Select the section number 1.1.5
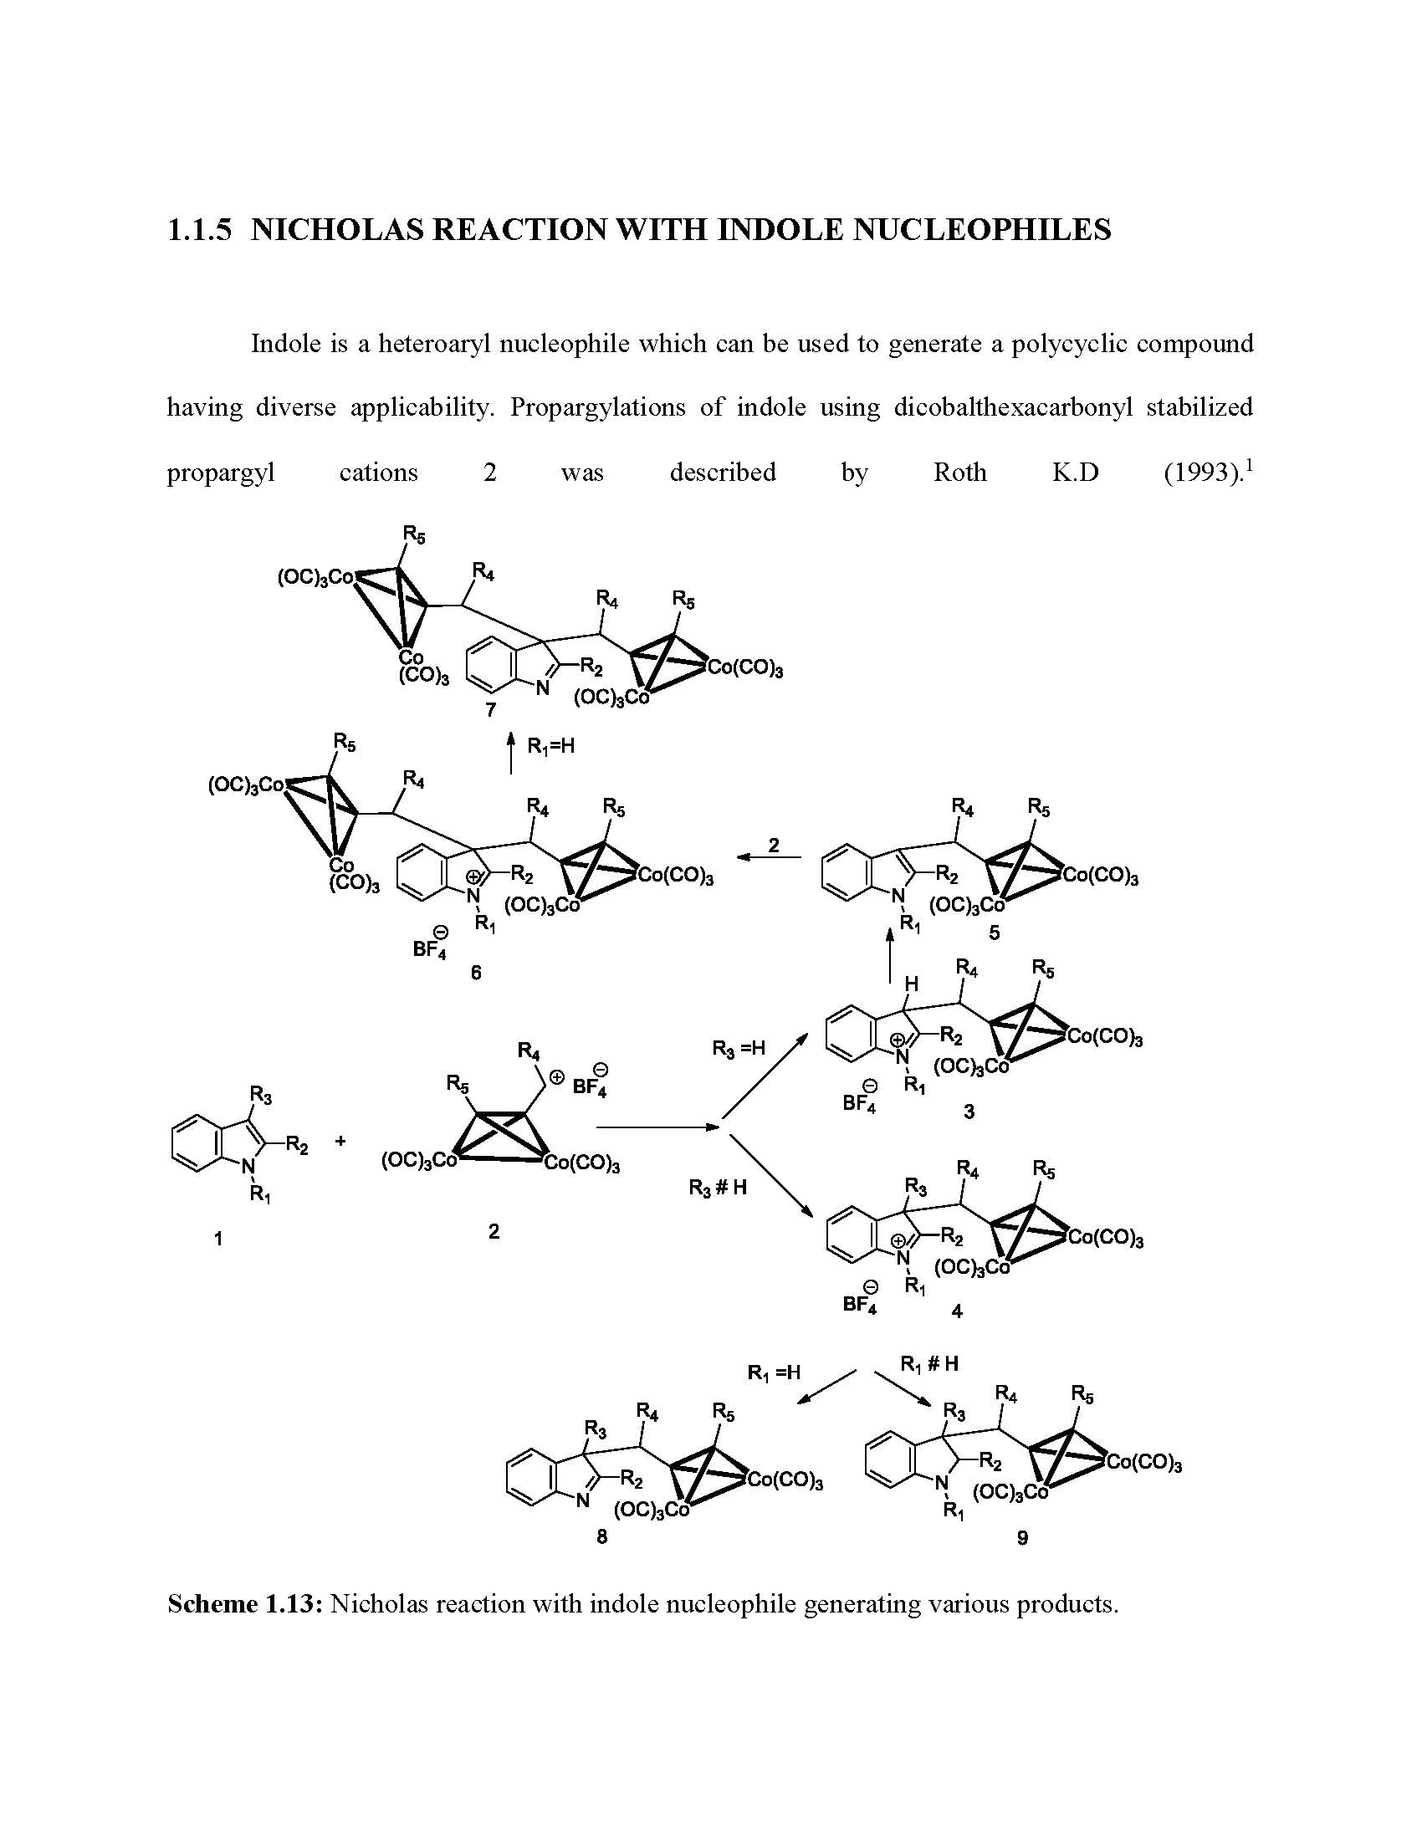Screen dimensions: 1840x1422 coord(199,229)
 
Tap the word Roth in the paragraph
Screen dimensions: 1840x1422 coord(959,473)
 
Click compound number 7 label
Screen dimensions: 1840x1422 coord(491,710)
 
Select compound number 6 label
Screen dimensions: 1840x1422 coord(476,973)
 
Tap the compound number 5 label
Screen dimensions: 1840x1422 coord(995,933)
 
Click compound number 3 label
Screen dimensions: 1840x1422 coord(969,1112)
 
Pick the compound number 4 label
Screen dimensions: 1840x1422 coord(957,1311)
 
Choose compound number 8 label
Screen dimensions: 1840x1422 coord(601,1536)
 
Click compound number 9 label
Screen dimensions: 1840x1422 coord(1022,1538)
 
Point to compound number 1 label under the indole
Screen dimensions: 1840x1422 coord(218,1239)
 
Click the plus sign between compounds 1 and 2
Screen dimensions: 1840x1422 coord(340,1142)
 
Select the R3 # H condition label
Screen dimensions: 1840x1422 coord(718,1188)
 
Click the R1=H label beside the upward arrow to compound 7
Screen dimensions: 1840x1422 coord(550,746)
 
